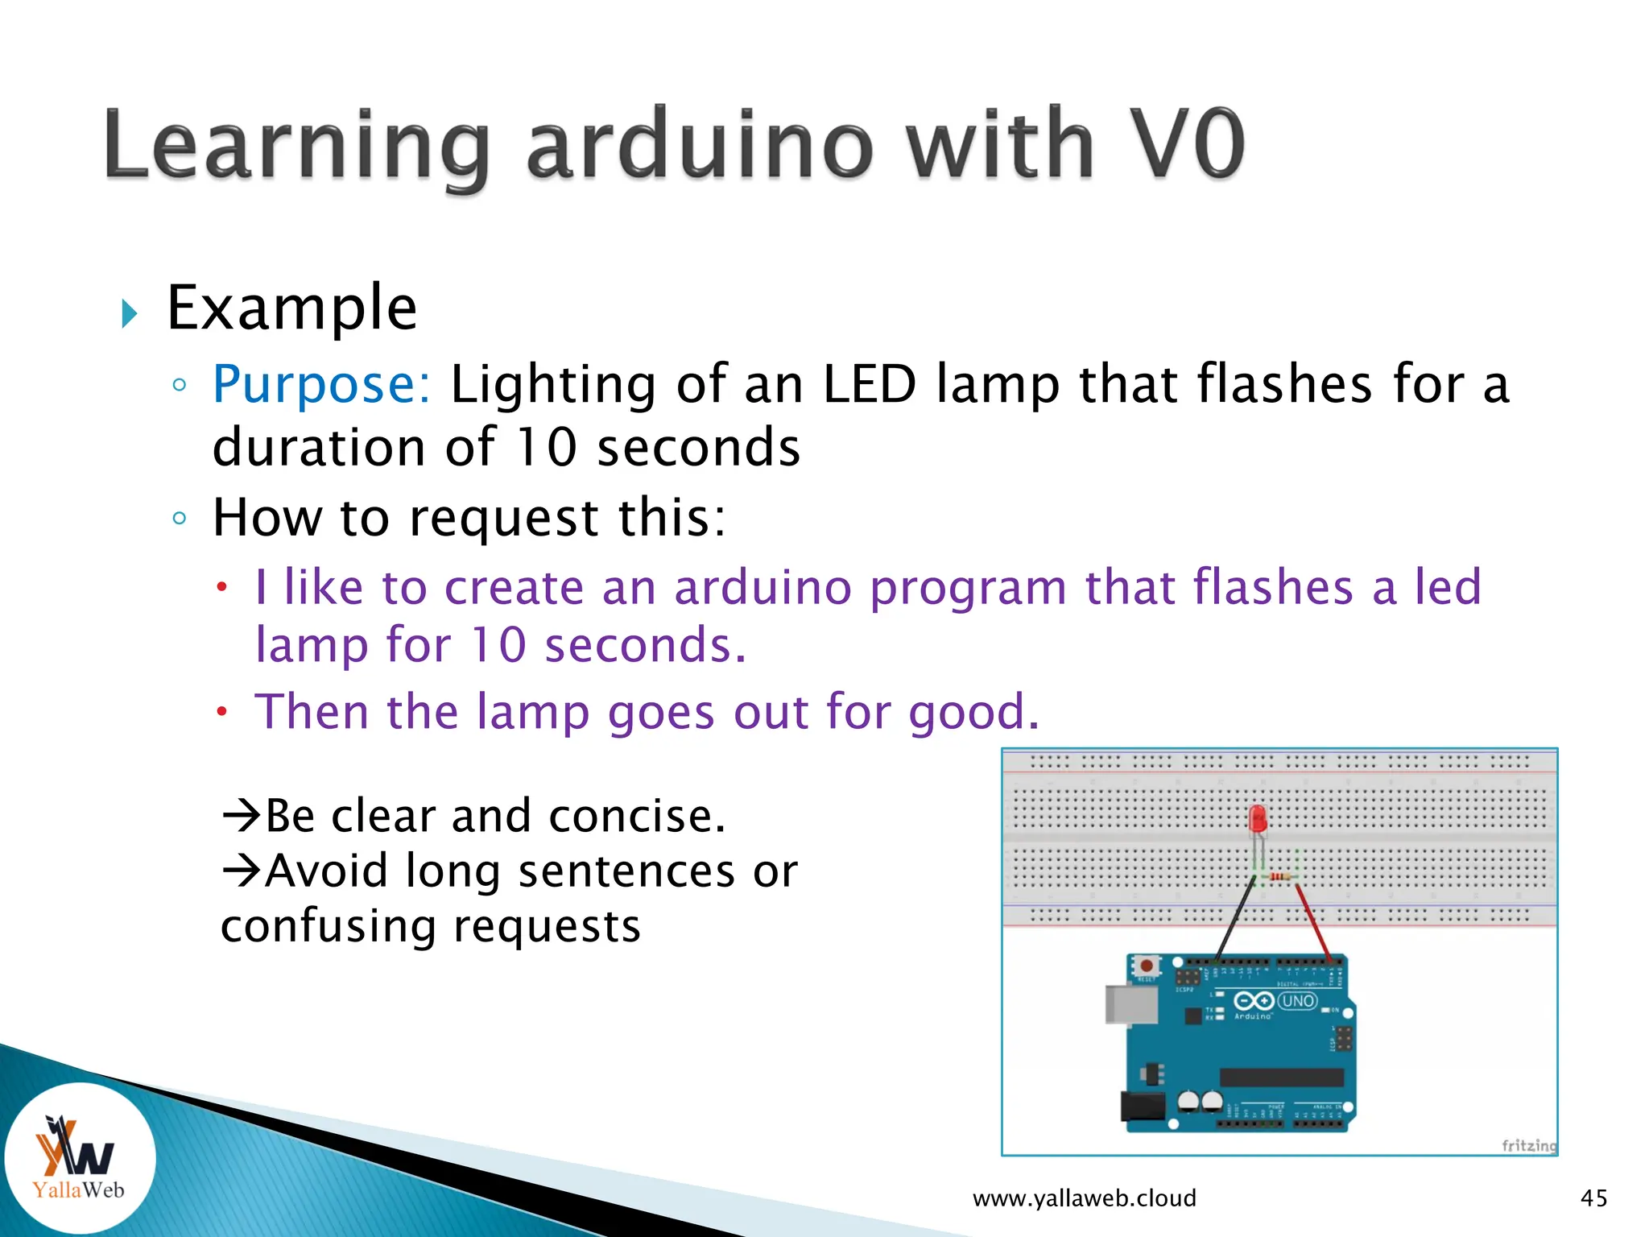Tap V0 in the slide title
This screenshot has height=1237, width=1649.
[1187, 145]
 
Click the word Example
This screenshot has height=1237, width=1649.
[291, 308]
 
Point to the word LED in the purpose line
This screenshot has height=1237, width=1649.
[870, 384]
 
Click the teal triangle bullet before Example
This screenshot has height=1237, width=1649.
[129, 312]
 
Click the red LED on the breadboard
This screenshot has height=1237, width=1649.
[1258, 820]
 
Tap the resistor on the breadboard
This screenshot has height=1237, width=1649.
[1279, 876]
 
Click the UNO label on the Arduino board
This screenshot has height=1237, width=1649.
[1297, 1001]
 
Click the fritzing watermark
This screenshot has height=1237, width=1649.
[1528, 1144]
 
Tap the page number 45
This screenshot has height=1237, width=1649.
[1593, 1198]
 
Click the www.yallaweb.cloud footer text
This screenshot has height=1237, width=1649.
[1084, 1198]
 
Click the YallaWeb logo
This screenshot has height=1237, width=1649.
[78, 1157]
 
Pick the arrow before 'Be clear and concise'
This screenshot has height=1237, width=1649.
[242, 815]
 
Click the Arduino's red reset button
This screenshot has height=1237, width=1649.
[1147, 965]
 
